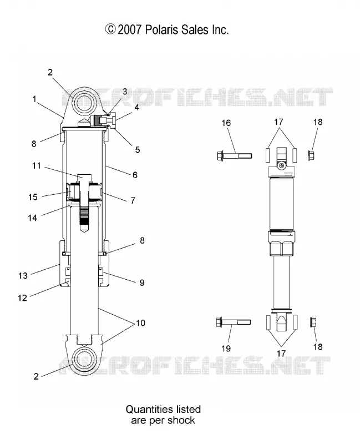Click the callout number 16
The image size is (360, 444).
226,123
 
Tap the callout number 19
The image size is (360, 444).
226,349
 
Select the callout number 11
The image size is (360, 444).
36,165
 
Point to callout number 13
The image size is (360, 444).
23,275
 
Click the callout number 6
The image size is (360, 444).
135,175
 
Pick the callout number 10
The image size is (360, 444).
141,323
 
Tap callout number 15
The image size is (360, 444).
33,197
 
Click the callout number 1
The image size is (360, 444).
34,99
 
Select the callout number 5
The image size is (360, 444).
138,150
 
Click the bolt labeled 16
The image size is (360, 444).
234,156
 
